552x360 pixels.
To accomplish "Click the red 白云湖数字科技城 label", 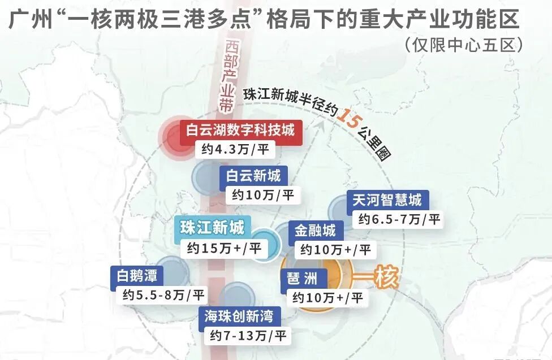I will click(240, 130).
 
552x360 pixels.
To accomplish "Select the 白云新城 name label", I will click(253, 176).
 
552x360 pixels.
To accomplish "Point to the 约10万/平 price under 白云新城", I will click(264, 196).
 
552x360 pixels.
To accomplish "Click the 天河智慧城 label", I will click(387, 200).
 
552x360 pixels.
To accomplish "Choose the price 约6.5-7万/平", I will click(396, 219).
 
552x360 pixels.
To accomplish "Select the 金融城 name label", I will click(315, 230).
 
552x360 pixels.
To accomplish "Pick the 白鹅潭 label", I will click(132, 276).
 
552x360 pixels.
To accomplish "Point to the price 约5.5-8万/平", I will click(160, 294).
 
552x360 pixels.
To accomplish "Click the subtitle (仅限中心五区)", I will click(462, 45).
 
